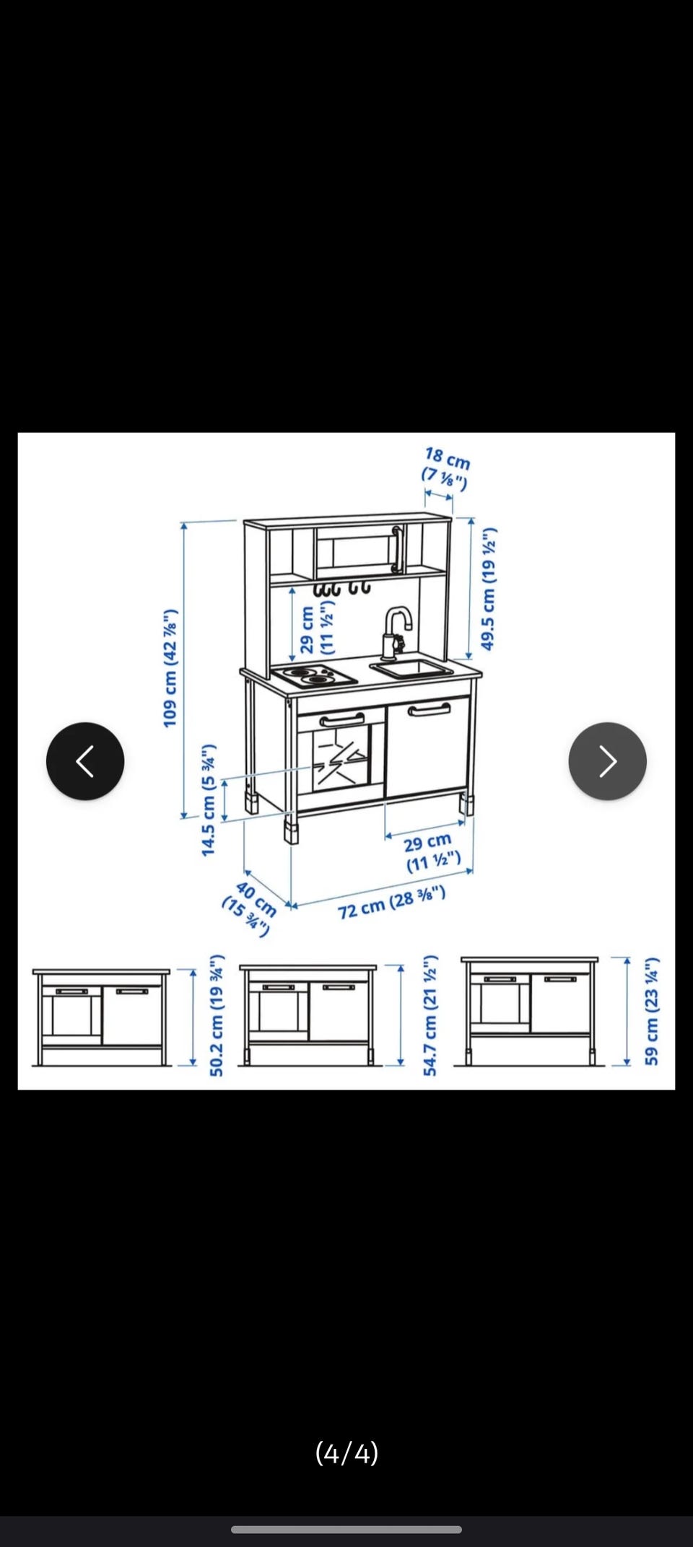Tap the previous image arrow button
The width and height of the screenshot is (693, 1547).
(x=85, y=761)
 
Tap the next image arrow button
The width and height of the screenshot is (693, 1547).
(x=608, y=761)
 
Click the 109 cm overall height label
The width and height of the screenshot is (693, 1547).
(x=170, y=667)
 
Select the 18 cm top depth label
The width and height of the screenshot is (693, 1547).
(x=446, y=467)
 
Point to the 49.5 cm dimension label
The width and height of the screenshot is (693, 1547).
(x=489, y=589)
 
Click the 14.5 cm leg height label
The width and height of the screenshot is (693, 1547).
(x=209, y=800)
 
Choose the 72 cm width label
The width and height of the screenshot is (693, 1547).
(x=391, y=903)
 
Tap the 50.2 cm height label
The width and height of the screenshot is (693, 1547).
(x=217, y=1015)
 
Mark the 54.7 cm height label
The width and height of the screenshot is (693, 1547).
(x=430, y=1015)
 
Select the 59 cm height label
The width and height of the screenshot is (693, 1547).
(x=652, y=1011)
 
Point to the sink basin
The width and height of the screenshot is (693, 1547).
(x=411, y=669)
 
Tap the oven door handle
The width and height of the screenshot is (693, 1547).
(x=341, y=719)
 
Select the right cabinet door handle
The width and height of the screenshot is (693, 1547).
(x=429, y=710)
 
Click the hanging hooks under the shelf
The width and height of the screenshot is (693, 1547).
(x=341, y=588)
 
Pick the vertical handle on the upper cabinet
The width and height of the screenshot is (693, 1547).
(x=396, y=549)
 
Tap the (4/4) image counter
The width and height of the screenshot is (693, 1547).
(x=347, y=1452)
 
